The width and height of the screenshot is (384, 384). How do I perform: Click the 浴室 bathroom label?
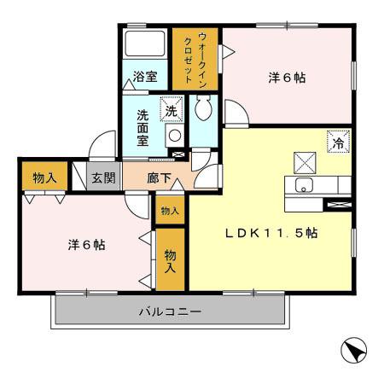[x=146, y=76]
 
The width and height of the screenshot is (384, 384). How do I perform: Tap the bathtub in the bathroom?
[x=146, y=44]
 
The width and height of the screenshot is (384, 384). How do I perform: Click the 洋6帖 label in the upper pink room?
[x=287, y=77]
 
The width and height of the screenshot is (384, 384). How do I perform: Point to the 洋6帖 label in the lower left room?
[x=86, y=244]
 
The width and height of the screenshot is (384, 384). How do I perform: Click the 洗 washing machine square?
[x=172, y=111]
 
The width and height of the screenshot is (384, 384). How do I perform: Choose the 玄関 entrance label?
[x=104, y=178]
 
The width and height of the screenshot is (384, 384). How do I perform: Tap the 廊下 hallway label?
[x=159, y=178]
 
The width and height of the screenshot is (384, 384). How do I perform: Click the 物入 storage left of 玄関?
[x=44, y=178]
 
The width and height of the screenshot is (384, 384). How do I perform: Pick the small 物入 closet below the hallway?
[x=169, y=211]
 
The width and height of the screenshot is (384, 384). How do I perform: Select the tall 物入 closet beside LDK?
[x=171, y=261]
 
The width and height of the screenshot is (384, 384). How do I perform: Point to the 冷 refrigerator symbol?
[x=338, y=143]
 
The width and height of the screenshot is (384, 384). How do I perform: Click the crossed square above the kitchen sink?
[x=305, y=161]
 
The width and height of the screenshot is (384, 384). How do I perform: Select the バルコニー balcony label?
[x=171, y=312]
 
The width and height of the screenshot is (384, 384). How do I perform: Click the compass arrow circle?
[x=352, y=351]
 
